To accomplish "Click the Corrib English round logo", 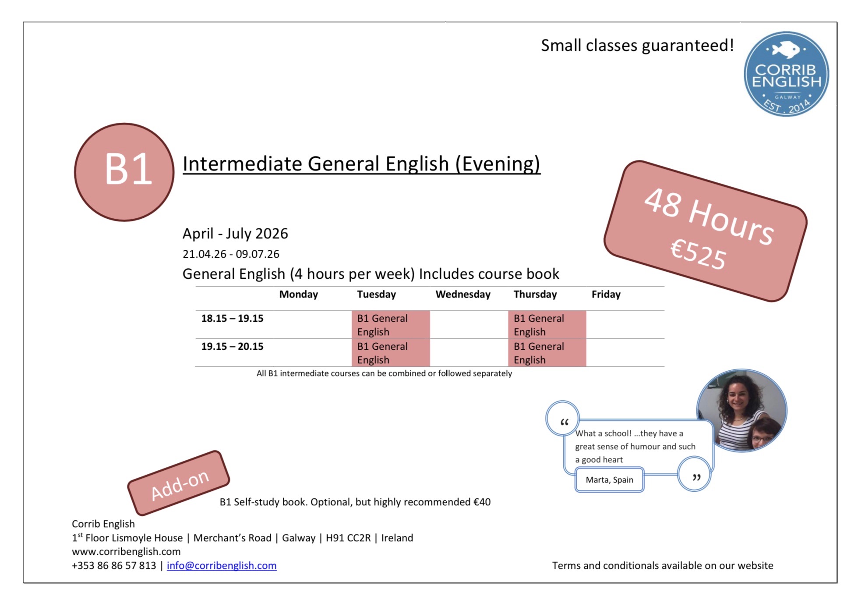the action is (786, 74).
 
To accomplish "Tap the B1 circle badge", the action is (124, 172).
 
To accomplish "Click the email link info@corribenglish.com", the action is (222, 565).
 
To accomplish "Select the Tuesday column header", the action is (376, 294).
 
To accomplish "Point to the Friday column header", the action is (606, 294).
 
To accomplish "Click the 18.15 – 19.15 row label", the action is (232, 318).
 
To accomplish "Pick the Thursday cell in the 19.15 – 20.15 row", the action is (547, 353).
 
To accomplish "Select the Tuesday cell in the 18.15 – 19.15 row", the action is (391, 325).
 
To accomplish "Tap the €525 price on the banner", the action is (698, 254).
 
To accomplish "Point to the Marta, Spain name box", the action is (609, 479).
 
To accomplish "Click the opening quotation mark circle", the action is (563, 418).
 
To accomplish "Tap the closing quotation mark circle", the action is (694, 474).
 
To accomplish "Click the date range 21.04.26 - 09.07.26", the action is (231, 254).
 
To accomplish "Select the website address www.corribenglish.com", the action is (126, 551).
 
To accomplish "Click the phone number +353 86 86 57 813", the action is (114, 565).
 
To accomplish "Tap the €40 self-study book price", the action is (482, 502).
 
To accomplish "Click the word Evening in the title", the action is (498, 164).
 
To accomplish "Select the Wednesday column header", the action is (463, 294).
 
